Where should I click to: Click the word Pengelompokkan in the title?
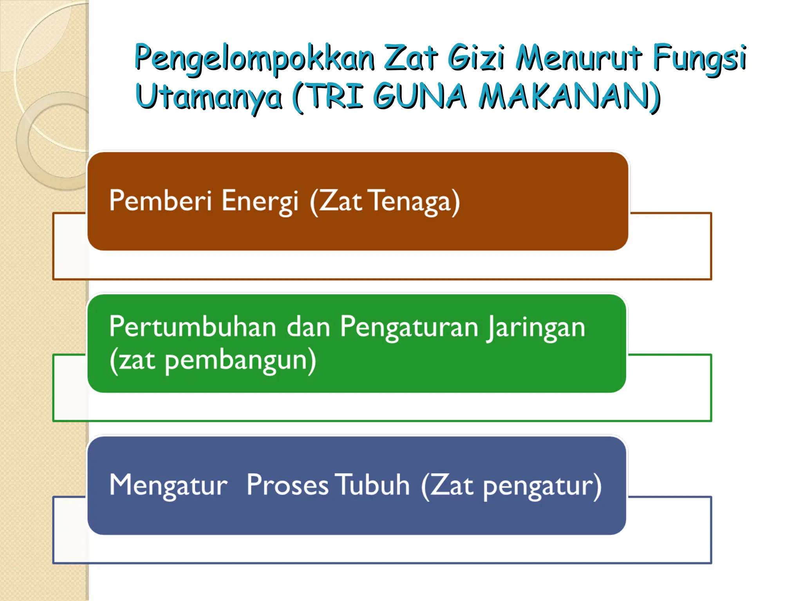255,59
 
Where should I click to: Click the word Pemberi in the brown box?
161,201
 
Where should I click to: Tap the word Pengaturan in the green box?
409,327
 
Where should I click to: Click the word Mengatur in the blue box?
168,486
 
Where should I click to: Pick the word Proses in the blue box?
287,485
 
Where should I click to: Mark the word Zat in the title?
411,59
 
